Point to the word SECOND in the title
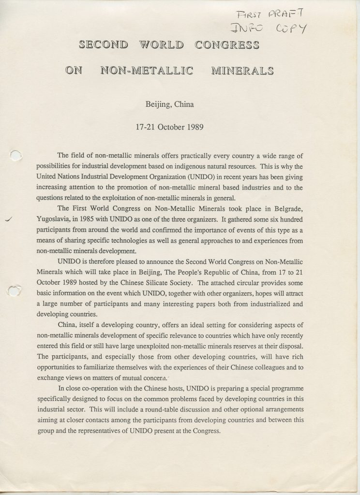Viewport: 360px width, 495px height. tap(102, 46)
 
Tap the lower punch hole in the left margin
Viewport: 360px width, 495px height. tap(16, 277)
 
